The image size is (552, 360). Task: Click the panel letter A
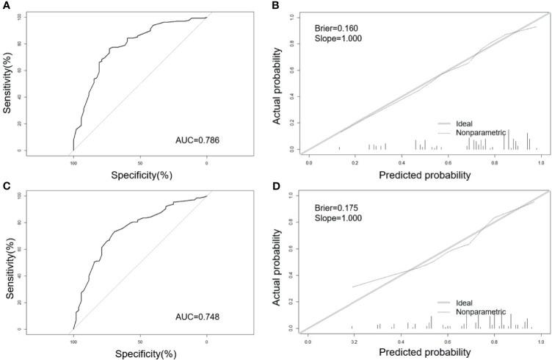pos(5,5)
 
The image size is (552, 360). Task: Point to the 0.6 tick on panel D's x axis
pos(448,342)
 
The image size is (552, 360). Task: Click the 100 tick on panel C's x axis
pos(73,340)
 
